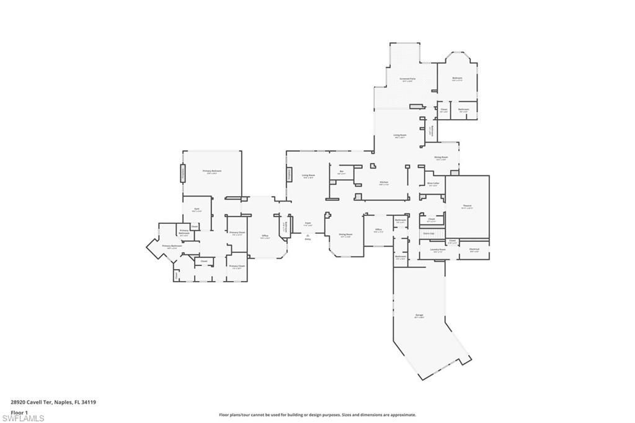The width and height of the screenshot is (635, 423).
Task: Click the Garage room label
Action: tap(419, 316)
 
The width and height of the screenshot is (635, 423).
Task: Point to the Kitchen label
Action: tap(384, 183)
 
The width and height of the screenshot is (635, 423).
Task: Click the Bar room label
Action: tap(342, 172)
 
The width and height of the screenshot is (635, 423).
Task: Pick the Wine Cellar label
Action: tap(433, 184)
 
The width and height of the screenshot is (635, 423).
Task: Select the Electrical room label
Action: tap(474, 251)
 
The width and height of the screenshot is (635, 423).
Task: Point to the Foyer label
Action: tap(308, 223)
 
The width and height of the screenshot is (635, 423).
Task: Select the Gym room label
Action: tap(197, 210)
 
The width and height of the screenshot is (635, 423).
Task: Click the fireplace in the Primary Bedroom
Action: tap(183, 174)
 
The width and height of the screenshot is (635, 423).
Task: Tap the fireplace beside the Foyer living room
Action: tap(288, 174)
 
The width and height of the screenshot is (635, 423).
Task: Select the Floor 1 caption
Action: tap(20, 412)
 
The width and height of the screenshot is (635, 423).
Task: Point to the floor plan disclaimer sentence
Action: tap(317, 415)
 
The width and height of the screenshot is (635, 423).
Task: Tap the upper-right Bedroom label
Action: tap(457, 79)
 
